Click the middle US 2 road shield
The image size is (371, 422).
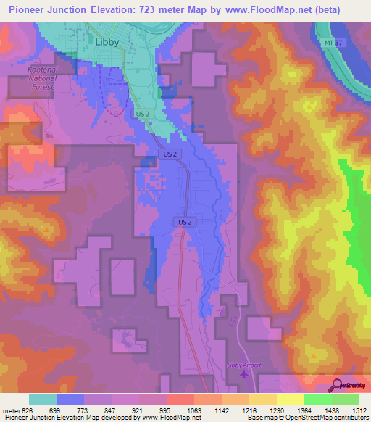[x=168, y=154]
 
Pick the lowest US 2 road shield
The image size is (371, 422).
[x=184, y=220]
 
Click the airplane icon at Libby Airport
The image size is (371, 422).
[x=243, y=375]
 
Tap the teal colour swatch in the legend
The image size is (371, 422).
[x=42, y=400]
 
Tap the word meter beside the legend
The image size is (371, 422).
[x=9, y=410]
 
